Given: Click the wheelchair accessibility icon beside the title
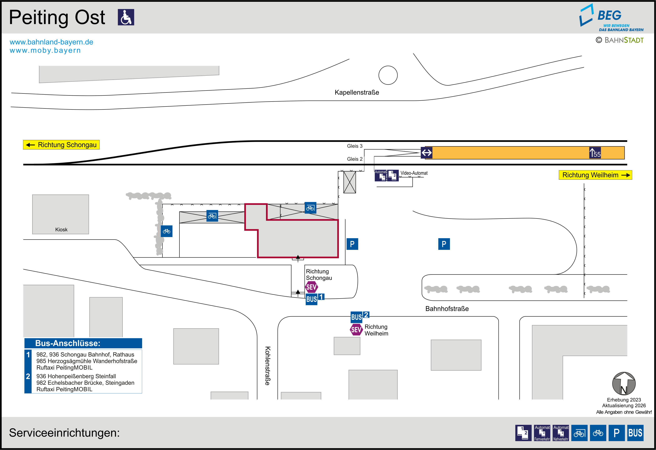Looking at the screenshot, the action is [x=126, y=17].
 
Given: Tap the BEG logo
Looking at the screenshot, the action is [x=611, y=18].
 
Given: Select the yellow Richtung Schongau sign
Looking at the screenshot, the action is [x=61, y=145].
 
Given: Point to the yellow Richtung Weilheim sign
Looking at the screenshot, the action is [x=595, y=175].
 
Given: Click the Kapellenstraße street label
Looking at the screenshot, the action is [x=357, y=92].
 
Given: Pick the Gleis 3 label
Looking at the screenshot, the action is [x=354, y=146].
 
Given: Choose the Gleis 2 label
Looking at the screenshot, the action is [x=354, y=159].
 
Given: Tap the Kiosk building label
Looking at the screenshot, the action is [x=61, y=230].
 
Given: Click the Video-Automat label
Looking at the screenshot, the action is [x=414, y=173].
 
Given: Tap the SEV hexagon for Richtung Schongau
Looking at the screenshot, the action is [x=311, y=287].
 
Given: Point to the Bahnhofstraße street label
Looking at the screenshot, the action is [x=447, y=309].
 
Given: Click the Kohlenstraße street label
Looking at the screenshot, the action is [x=268, y=366].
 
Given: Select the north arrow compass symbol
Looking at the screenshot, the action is [x=624, y=384].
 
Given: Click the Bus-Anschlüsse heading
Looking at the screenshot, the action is [x=68, y=343].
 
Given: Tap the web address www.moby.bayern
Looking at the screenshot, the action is [x=45, y=50].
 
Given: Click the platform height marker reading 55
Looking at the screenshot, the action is [x=595, y=153].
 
